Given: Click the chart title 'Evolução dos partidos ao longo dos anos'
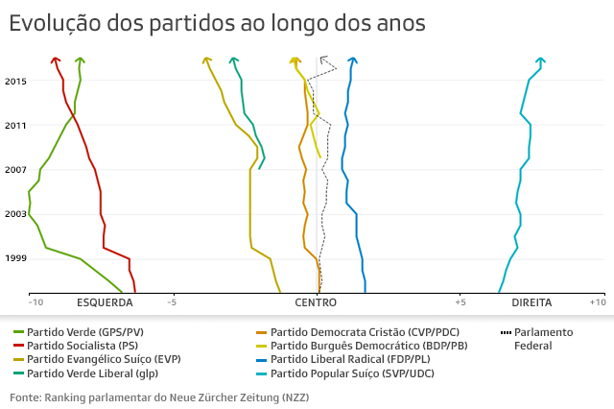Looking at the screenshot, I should pos(217,23).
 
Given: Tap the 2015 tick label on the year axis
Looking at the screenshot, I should pos(15,82).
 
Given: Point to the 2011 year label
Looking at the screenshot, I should pos(15,126).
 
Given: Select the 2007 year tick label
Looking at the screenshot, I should pos(15,170).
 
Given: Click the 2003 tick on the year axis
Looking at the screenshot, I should pos(15,214).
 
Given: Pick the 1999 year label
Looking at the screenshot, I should pos(15,258).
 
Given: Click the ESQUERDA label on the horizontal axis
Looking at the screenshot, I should pos(105,302).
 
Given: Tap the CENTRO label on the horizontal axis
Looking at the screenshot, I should pos(316,302).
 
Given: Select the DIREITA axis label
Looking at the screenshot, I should pos(531,302).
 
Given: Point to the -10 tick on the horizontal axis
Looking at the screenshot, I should pos(35,302).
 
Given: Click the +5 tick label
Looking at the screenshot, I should pos(460,302).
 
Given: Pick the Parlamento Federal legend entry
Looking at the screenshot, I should pos(543,338).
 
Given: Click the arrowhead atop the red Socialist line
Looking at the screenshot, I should pos(56,60).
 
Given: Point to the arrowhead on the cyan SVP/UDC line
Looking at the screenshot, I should pos(541,61).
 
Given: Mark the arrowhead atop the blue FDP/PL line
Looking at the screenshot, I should pos(353,61).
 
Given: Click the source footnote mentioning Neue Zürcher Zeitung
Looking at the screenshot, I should pos(159,397).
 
